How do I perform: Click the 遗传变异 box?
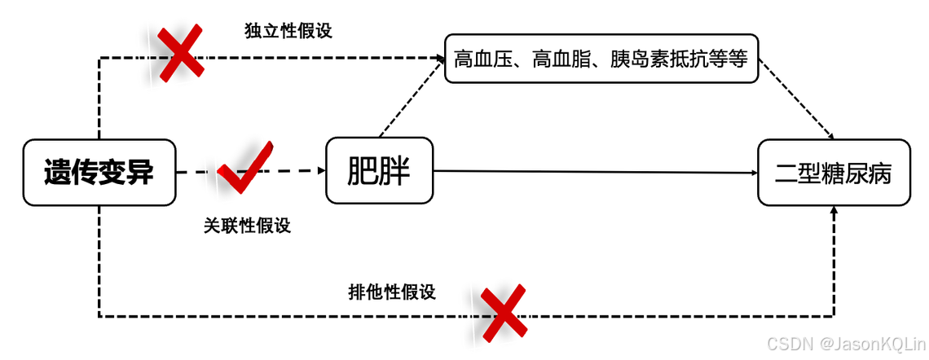(99, 173)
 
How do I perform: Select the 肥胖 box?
(379, 171)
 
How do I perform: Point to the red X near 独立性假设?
(181, 54)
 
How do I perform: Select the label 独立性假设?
(288, 31)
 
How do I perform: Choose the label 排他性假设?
(392, 292)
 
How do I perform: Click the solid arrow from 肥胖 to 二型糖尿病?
(595, 172)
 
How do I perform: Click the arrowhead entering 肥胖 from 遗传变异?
(319, 172)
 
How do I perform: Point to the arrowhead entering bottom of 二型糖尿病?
(834, 212)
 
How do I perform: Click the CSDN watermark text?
(790, 344)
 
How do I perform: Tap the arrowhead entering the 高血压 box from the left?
(437, 58)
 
